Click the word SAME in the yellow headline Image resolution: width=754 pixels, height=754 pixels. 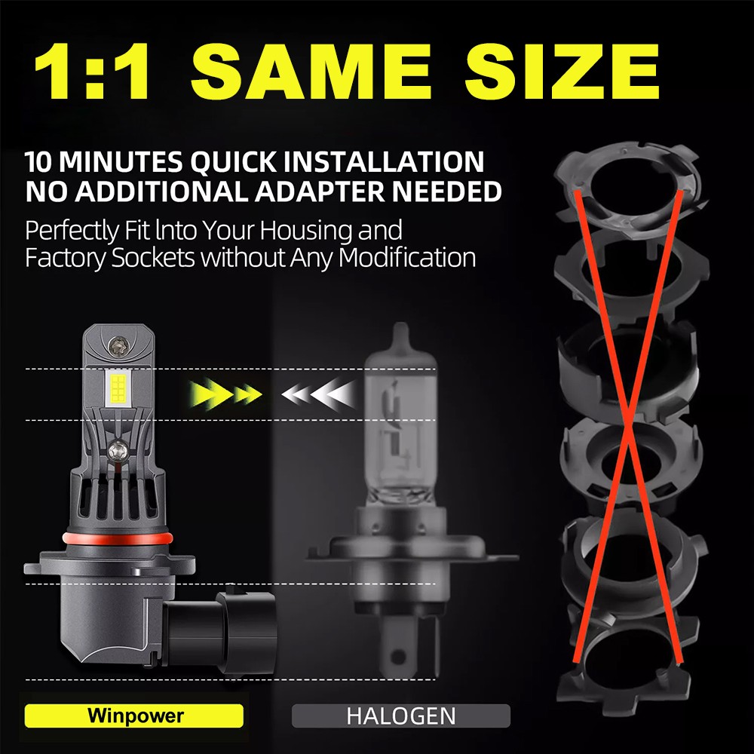tap(311, 71)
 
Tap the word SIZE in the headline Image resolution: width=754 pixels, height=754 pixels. tap(562, 71)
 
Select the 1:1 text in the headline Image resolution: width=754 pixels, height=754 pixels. tap(92, 71)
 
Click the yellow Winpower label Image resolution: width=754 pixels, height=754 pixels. tap(134, 716)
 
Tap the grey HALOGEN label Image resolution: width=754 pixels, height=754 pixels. tap(401, 716)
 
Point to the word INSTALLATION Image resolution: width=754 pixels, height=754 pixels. tap(384, 161)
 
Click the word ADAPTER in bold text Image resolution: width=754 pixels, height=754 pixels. tap(320, 192)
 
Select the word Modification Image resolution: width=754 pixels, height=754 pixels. tap(407, 257)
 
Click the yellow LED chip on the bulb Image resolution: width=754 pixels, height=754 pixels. tap(118, 388)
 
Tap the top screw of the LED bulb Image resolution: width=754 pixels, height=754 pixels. tap(118, 345)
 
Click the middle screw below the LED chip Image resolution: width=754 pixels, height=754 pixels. tap(118, 451)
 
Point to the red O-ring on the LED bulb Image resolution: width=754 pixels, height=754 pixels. tap(117, 538)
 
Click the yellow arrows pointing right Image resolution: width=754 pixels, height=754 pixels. tap(225, 394)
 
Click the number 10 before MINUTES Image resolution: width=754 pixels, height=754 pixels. tap(38, 161)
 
